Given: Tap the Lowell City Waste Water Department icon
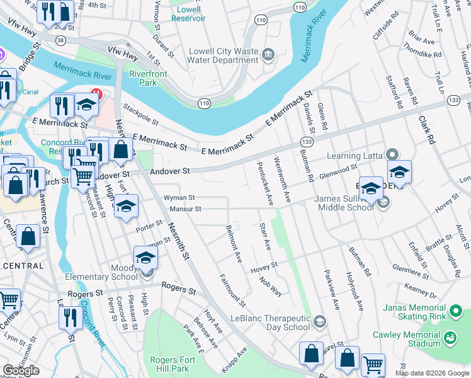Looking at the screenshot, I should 269,55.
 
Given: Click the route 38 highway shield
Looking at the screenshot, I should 60,39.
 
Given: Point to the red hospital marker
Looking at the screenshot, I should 96,94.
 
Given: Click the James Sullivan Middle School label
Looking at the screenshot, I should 345,203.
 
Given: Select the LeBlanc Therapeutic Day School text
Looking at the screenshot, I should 271,323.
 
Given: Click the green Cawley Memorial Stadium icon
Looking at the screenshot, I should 450,339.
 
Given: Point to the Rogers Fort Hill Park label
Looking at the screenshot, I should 169,364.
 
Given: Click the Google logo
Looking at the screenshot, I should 21,370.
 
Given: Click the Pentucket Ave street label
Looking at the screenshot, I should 264,183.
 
